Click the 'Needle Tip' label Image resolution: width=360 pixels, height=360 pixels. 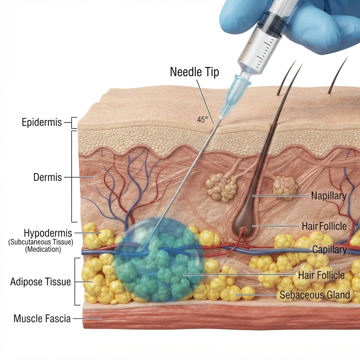pos(194,72)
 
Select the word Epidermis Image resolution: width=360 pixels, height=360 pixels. pos(42,122)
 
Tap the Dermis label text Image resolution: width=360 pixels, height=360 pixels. pos(47,177)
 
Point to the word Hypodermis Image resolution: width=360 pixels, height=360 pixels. pos(48,233)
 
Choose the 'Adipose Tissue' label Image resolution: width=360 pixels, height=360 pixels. pos(40,282)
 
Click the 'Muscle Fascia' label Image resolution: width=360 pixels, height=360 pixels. pos(42,319)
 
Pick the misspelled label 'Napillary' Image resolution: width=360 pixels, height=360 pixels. pos(329,196)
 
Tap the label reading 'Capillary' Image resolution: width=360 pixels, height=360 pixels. pos(329,250)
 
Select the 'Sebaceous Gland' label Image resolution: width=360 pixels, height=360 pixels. pos(315,295)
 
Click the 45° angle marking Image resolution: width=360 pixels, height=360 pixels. pos(202,120)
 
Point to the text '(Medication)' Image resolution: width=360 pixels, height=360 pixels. pos(43,249)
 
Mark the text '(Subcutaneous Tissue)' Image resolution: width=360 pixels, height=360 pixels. pos(41,242)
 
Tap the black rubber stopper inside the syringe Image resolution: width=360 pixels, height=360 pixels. pos(274,25)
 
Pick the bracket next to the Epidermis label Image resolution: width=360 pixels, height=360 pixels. pos(73,123)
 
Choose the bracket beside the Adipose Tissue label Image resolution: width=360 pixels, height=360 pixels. pos(77,282)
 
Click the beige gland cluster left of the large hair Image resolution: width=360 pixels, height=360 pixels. pos(220,187)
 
